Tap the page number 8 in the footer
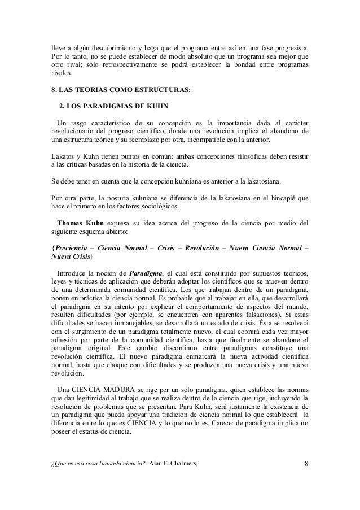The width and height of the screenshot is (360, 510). click(x=306, y=464)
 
